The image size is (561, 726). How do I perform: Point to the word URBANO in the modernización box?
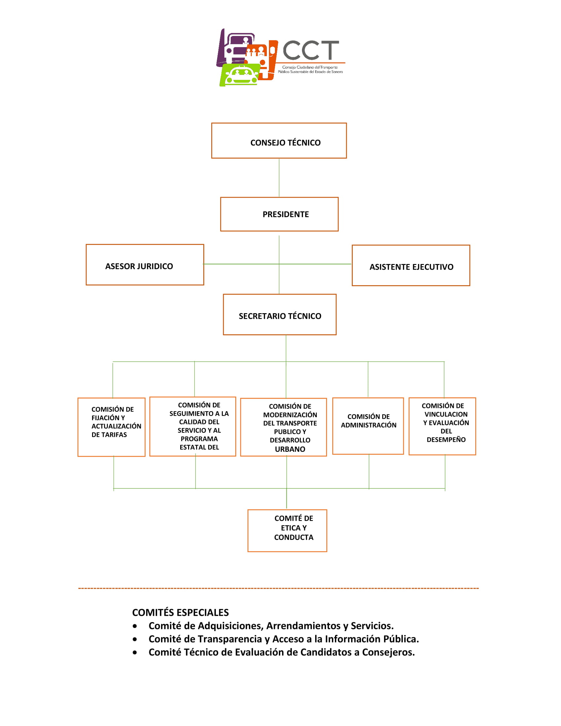point(290,449)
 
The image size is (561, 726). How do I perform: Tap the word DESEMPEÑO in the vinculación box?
point(446,440)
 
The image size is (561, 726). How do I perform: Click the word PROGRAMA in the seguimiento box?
point(199,439)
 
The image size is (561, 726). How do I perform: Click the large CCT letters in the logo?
point(311,50)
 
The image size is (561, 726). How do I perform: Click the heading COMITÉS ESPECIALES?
point(181,612)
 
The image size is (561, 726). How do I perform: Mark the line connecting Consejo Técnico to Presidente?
point(279,178)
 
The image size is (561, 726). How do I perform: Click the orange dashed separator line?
point(278,588)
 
